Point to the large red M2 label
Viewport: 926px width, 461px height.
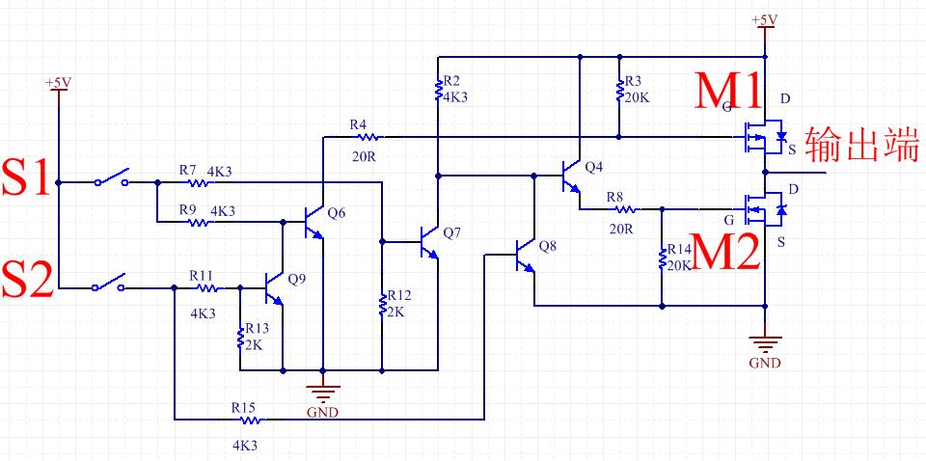click(724, 251)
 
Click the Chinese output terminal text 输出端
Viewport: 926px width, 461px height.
click(861, 144)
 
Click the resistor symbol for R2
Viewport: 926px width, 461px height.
click(438, 90)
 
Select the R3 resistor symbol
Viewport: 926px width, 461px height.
click(619, 90)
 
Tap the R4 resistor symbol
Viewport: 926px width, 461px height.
click(368, 137)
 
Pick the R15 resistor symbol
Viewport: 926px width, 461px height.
click(251, 420)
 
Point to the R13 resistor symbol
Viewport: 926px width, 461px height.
click(240, 338)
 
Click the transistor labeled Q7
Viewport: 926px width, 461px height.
click(428, 242)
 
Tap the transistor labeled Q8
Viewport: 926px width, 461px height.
click(525, 255)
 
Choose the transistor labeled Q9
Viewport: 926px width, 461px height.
click(273, 288)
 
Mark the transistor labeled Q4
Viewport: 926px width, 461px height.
click(570, 176)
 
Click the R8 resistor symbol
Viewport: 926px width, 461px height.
click(625, 209)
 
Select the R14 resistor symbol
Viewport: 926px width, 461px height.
click(662, 258)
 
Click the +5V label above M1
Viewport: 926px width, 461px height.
click(765, 20)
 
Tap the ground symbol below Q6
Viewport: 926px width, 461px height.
click(322, 392)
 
